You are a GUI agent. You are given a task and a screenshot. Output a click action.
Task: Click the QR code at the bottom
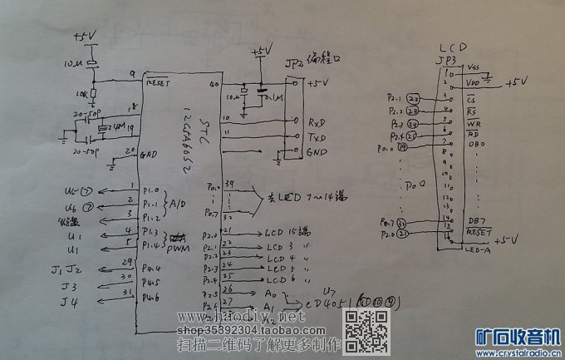coord(366,328)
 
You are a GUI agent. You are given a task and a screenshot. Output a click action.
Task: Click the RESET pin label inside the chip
coord(157,83)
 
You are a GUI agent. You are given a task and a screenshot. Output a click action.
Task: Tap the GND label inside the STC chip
coord(150,155)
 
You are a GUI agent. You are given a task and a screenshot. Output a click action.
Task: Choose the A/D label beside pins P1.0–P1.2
coord(178,203)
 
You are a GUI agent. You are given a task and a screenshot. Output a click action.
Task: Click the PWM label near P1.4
coord(179,247)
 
